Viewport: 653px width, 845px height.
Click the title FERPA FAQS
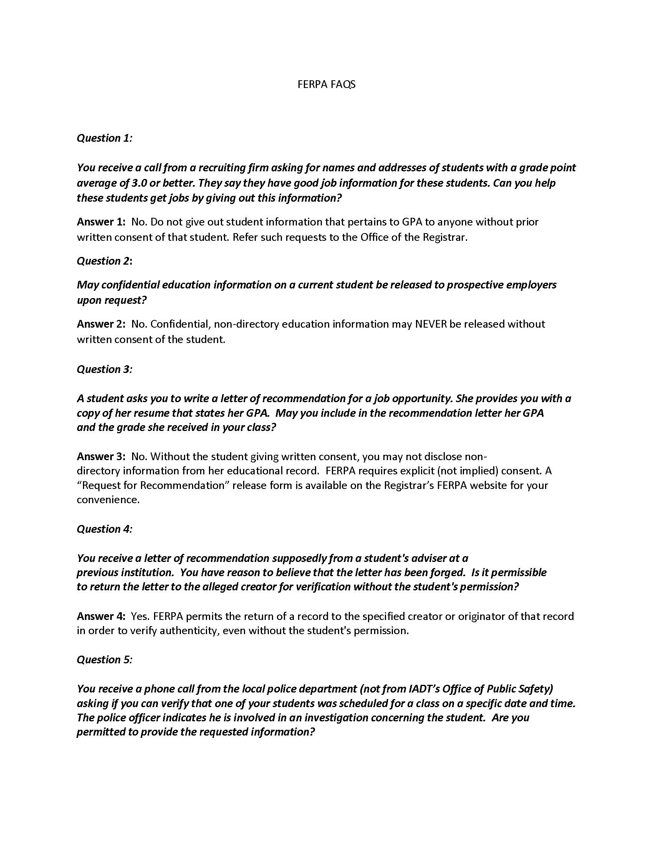(326, 85)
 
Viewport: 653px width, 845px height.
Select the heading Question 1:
(104, 138)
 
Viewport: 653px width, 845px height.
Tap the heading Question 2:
(104, 261)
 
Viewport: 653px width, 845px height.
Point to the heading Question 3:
(104, 369)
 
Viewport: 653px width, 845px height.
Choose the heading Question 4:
(104, 529)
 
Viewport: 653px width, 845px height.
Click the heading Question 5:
(104, 659)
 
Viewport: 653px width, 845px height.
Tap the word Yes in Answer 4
(139, 616)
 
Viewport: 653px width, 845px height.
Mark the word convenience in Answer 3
(108, 499)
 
